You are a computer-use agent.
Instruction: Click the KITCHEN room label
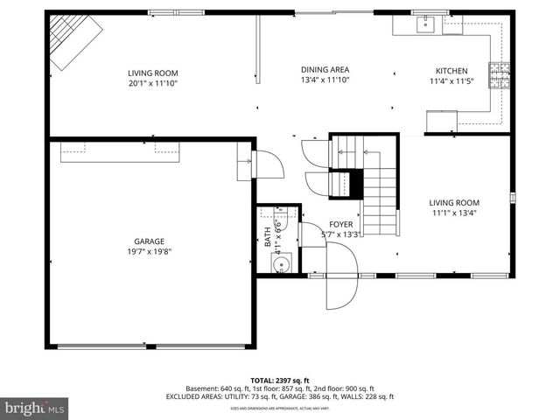451,71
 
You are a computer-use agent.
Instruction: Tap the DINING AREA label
325,70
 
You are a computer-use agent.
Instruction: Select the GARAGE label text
149,241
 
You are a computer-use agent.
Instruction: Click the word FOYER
341,225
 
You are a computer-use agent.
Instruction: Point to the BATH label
269,237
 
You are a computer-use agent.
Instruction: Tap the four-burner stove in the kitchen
500,75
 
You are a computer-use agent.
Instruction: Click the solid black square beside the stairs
355,185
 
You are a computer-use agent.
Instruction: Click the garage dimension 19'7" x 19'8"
149,253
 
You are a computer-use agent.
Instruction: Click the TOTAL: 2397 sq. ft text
279,381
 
